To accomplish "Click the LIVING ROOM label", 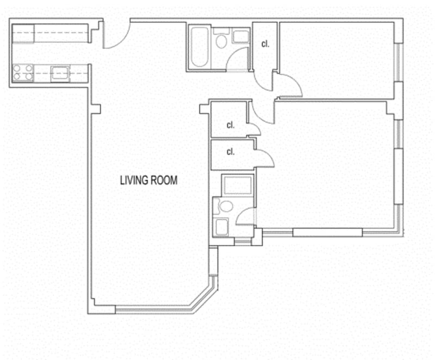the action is tap(148, 181).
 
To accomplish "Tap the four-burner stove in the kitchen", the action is tap(23, 73).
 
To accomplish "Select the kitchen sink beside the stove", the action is tap(60, 74).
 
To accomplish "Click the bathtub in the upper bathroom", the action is tap(200, 47).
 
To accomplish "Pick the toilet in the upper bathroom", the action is tap(221, 39).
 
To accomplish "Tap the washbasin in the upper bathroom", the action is tap(240, 36).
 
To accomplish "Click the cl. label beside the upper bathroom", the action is tap(265, 44).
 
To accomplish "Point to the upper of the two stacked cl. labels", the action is tap(231, 125).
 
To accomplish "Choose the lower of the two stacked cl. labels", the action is tap(231, 152).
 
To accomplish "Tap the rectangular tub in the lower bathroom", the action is tap(238, 185).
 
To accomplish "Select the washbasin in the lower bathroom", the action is tap(221, 227).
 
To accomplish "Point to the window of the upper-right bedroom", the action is tap(399, 63).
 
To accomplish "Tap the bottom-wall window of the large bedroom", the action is tap(327, 232).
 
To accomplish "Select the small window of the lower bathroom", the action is tap(243, 242).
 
